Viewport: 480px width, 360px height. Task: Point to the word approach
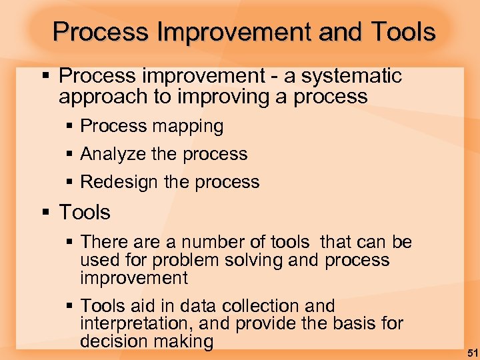point(104,97)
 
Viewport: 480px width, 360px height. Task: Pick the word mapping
point(188,126)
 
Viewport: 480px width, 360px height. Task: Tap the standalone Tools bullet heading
point(85,213)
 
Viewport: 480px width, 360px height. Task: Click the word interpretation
point(139,324)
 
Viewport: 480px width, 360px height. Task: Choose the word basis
point(363,324)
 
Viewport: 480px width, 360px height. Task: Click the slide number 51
point(470,351)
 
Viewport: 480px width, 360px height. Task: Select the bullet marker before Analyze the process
point(71,155)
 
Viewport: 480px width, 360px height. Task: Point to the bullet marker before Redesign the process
point(71,183)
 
